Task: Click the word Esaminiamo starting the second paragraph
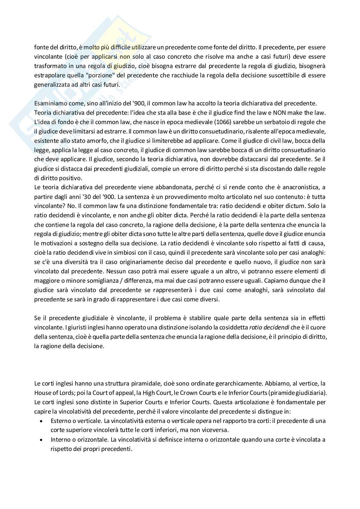pos(50,103)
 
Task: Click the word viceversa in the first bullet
pos(216,430)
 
